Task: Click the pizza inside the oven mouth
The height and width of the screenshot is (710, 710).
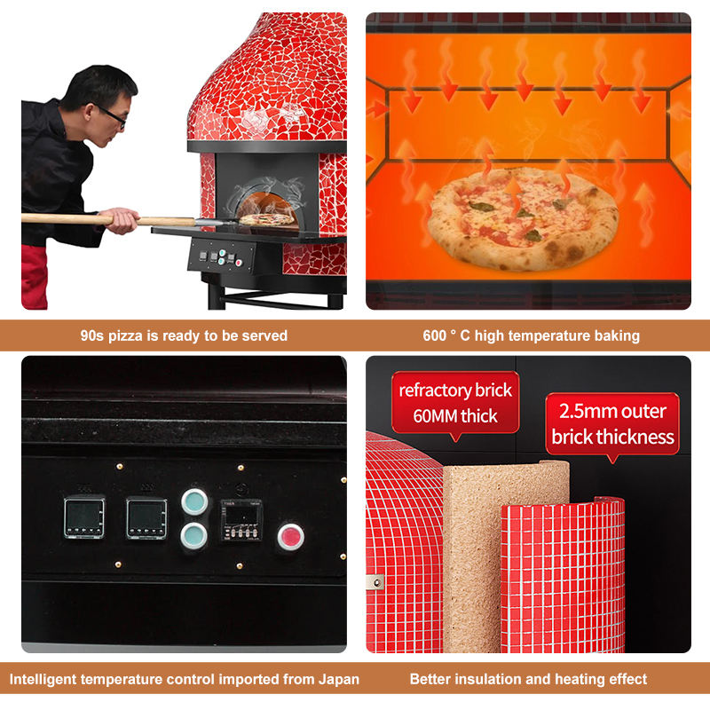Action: pyautogui.click(x=266, y=220)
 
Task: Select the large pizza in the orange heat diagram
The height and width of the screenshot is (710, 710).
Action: pyautogui.click(x=523, y=219)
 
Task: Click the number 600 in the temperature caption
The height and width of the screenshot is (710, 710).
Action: pyautogui.click(x=434, y=335)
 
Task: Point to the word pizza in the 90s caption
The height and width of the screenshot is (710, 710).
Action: pyautogui.click(x=126, y=336)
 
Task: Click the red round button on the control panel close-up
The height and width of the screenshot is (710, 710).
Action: pyautogui.click(x=290, y=537)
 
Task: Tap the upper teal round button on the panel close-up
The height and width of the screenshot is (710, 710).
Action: pyautogui.click(x=194, y=501)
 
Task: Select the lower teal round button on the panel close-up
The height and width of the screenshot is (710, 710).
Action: pyautogui.click(x=194, y=536)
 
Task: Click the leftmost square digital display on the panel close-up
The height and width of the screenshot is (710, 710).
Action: pyautogui.click(x=84, y=518)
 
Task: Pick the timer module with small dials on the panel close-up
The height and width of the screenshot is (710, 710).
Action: pyautogui.click(x=241, y=520)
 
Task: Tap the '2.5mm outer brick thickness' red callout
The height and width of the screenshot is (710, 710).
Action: pyautogui.click(x=612, y=426)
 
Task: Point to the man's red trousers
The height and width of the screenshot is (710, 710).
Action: pyautogui.click(x=34, y=277)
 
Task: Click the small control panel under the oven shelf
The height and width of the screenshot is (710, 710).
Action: pyautogui.click(x=221, y=257)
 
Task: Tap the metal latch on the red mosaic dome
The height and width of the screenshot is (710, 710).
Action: pyautogui.click(x=375, y=582)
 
